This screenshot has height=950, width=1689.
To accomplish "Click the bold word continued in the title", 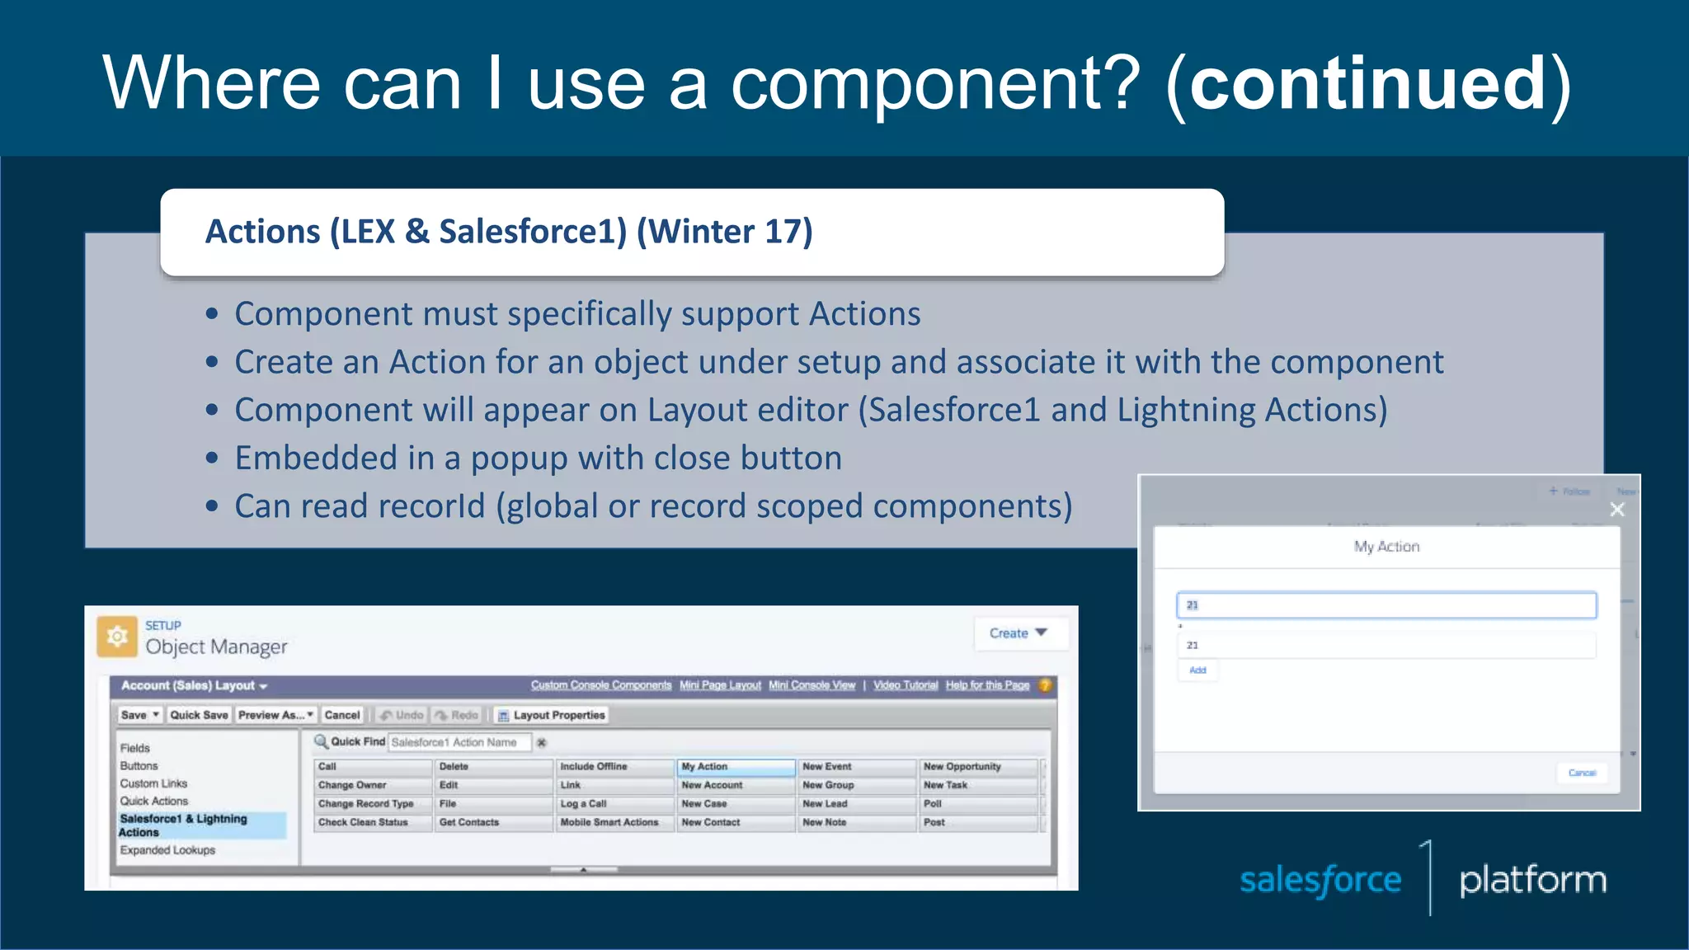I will pyautogui.click(x=1367, y=82).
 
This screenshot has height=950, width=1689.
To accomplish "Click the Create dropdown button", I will pyautogui.click(x=1018, y=633).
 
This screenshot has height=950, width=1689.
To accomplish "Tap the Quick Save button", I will pyautogui.click(x=199, y=715).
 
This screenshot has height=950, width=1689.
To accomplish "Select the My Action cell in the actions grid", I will pyautogui.click(x=734, y=767).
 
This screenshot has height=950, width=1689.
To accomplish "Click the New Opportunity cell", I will pyautogui.click(x=976, y=767).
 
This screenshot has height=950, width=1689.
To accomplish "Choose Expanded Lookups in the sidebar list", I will pyautogui.click(x=167, y=850).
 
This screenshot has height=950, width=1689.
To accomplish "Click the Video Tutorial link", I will pyautogui.click(x=905, y=685).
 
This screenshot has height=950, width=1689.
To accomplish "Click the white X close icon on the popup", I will pyautogui.click(x=1617, y=510).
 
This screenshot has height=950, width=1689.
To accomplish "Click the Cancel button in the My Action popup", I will pyautogui.click(x=1582, y=773).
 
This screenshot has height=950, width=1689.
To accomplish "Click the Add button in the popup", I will pyautogui.click(x=1197, y=670).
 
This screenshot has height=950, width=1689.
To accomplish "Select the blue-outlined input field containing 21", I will pyautogui.click(x=1386, y=605).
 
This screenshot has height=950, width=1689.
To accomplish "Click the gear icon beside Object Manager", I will pyautogui.click(x=117, y=636).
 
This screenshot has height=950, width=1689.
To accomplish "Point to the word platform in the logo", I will pyautogui.click(x=1532, y=880).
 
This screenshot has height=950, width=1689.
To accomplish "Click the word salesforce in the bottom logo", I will pyautogui.click(x=1320, y=880).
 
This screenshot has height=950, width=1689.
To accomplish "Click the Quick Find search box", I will pyautogui.click(x=458, y=742).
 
